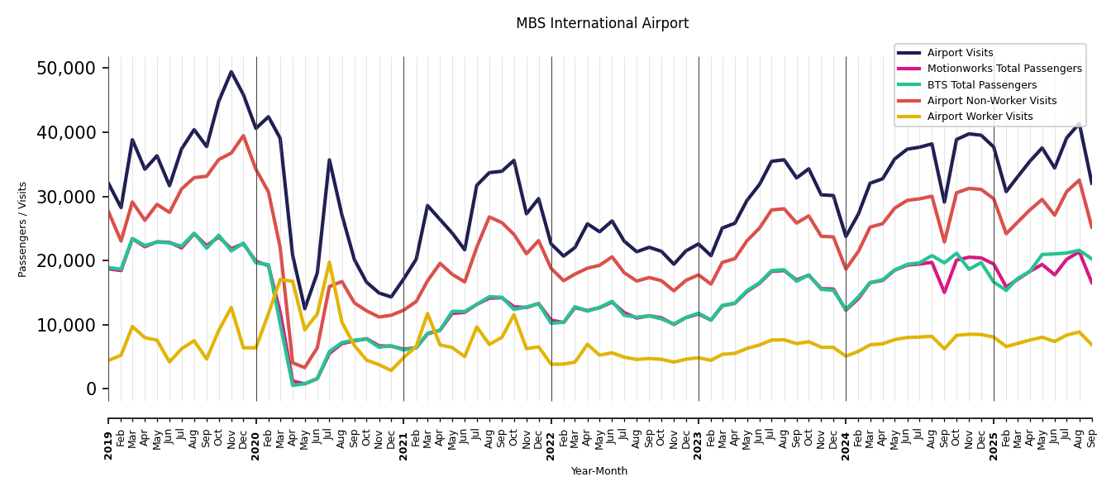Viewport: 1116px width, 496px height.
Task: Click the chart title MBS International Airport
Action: (x=602, y=24)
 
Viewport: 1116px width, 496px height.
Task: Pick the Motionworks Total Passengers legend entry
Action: (x=1004, y=69)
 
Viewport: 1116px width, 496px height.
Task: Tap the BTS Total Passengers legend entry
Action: (x=981, y=85)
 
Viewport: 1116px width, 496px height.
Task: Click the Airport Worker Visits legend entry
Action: (x=980, y=117)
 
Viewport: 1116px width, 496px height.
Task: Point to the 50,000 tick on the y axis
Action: (x=67, y=68)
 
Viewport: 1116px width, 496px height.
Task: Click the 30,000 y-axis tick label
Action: (x=67, y=197)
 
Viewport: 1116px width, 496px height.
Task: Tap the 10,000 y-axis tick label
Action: (x=67, y=325)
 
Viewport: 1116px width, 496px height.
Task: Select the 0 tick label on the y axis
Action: (x=93, y=389)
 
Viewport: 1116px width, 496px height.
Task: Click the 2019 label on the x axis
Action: (x=108, y=434)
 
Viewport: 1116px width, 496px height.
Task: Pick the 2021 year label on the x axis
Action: (x=403, y=434)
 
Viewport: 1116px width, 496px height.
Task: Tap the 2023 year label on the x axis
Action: (x=699, y=434)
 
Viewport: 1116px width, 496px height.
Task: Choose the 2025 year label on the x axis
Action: (x=994, y=434)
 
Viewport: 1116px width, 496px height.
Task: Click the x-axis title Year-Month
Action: (x=599, y=471)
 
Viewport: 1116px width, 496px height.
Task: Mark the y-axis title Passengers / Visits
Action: (x=23, y=229)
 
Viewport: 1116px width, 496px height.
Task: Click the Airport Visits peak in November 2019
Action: (x=231, y=72)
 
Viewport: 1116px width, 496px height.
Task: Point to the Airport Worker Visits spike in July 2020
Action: (x=329, y=262)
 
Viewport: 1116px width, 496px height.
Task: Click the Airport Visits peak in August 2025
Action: (x=1079, y=123)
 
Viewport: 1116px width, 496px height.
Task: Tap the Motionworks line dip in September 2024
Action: (x=944, y=292)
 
